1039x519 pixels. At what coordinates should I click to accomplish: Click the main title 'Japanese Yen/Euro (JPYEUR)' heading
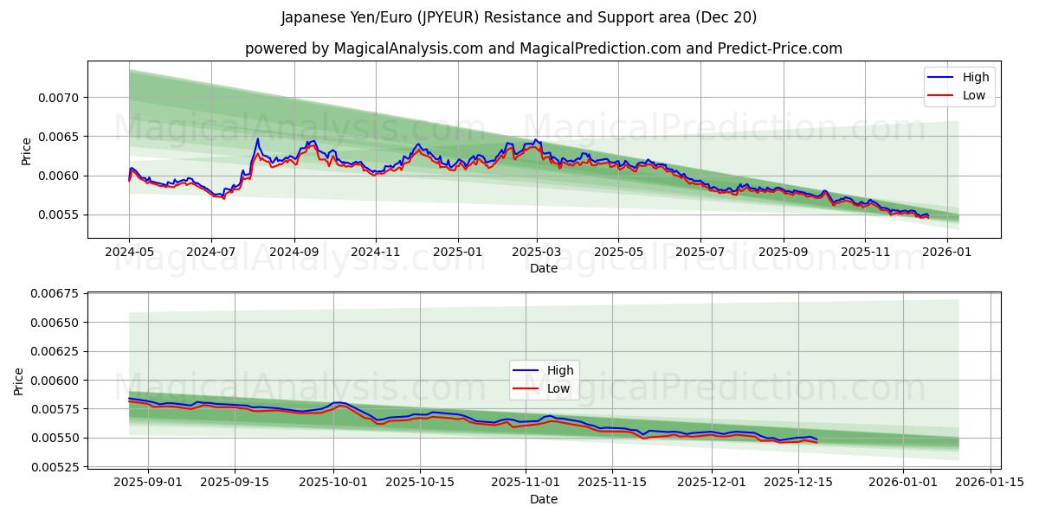click(519, 17)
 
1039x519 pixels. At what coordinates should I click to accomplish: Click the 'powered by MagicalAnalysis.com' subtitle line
click(543, 48)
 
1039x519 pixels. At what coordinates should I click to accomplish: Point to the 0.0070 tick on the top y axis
click(61, 98)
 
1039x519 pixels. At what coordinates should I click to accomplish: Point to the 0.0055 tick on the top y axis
click(61, 215)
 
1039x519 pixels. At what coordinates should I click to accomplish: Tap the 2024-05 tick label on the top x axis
click(129, 252)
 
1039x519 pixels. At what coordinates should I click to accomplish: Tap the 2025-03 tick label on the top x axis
click(537, 252)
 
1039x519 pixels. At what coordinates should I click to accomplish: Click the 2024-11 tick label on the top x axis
click(376, 252)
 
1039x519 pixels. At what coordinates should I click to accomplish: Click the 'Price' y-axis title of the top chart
click(26, 151)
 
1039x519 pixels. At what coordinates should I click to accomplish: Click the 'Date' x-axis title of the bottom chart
click(544, 499)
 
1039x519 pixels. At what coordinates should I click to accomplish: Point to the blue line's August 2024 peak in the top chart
click(257, 139)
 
